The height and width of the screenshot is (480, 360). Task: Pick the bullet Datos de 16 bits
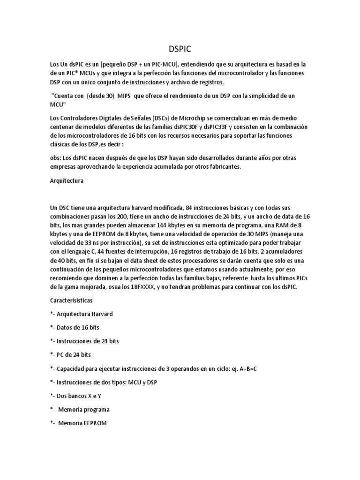[x=75, y=327]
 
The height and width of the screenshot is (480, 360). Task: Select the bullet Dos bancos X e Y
[x=77, y=396]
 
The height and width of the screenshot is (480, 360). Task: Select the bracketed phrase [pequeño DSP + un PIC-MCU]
[x=141, y=64]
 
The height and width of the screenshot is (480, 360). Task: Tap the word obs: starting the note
[x=56, y=158]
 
